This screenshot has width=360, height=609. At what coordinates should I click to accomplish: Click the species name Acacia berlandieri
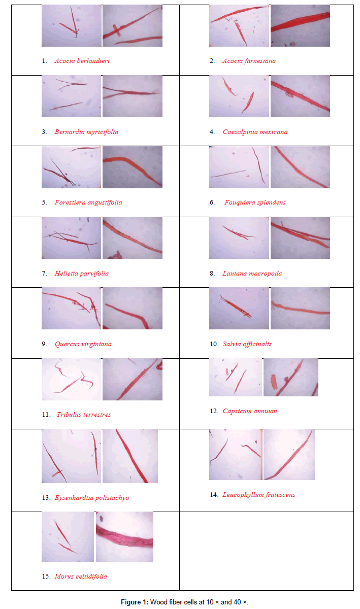82,61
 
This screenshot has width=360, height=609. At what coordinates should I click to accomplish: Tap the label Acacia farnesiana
249,61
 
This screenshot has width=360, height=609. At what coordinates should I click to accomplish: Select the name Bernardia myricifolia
86,132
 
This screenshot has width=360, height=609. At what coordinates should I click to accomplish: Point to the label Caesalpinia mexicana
255,132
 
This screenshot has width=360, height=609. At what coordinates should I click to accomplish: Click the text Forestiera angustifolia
88,202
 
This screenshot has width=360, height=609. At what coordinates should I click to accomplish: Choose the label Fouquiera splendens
255,202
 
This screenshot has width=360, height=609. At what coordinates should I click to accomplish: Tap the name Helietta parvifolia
82,274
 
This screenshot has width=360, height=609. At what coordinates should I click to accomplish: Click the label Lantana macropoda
252,274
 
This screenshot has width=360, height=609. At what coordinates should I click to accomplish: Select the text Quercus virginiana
83,344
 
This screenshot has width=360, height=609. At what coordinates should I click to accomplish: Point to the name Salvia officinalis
247,344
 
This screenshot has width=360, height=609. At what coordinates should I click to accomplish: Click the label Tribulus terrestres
84,415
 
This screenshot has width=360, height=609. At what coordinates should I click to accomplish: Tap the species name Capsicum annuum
250,411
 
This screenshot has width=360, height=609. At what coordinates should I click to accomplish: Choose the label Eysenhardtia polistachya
92,498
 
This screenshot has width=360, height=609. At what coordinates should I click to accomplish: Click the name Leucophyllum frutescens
259,495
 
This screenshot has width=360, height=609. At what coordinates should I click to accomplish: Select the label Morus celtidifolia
81,577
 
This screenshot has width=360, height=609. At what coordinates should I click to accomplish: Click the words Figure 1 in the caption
135,602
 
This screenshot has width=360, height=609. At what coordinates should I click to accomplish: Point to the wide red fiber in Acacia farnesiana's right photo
301,22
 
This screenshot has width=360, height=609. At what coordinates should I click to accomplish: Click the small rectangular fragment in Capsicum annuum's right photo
274,382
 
